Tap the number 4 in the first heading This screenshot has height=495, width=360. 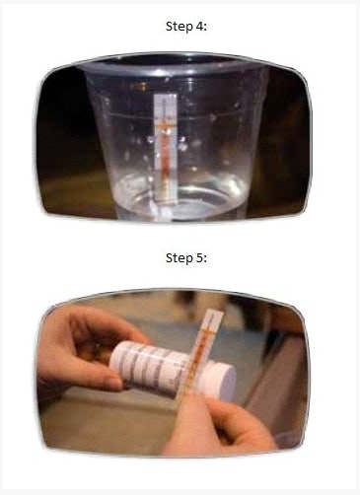click(199, 27)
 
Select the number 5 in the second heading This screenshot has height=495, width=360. click(199, 258)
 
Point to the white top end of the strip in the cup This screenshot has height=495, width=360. click(166, 99)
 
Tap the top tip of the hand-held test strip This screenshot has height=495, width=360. click(216, 311)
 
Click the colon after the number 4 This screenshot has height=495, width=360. click(205, 28)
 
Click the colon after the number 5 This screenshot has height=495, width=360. click(205, 259)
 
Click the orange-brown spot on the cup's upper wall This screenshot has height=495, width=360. click(140, 87)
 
